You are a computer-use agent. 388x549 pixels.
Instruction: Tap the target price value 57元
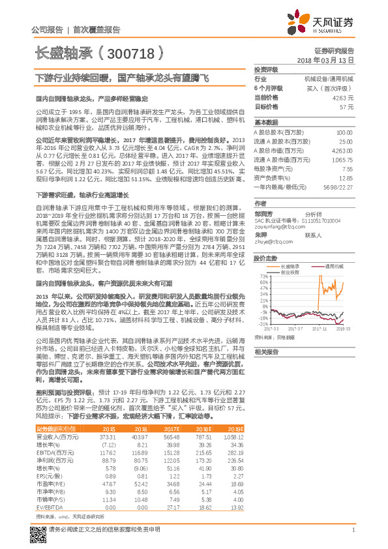346,106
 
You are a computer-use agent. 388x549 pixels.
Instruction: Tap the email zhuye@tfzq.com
272,241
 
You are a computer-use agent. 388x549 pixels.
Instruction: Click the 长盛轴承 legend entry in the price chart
290,266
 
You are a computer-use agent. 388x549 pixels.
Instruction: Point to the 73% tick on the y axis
263,276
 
